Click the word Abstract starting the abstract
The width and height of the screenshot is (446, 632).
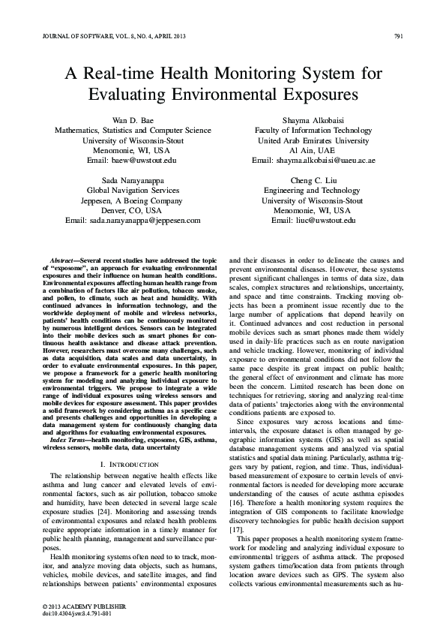coord(62,258)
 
